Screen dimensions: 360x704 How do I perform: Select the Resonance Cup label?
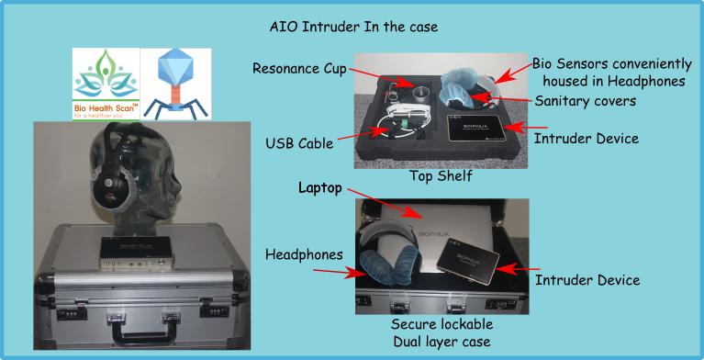point(300,70)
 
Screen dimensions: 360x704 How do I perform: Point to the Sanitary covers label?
point(586,101)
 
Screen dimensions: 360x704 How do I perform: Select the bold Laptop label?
point(318,187)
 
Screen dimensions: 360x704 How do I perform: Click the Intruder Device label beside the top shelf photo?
point(586,139)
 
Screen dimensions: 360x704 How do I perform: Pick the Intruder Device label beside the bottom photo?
point(587,279)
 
